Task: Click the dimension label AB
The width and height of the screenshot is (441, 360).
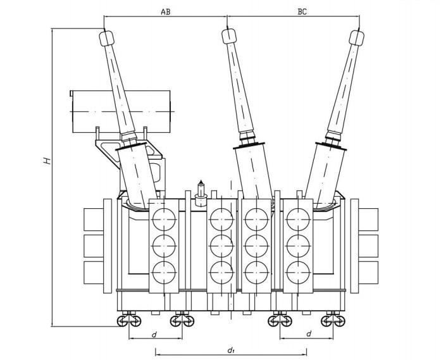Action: point(165,11)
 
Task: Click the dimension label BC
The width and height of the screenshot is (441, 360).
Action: point(301,11)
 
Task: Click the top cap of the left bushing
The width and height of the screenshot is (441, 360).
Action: point(106,39)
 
